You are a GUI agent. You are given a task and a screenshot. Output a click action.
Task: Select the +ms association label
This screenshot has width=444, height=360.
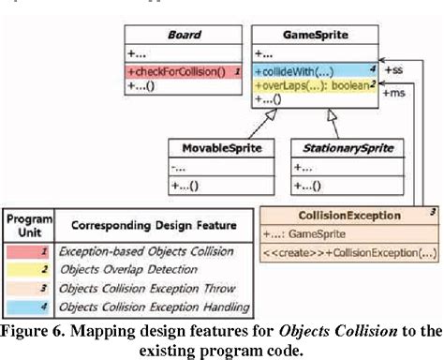click(x=396, y=94)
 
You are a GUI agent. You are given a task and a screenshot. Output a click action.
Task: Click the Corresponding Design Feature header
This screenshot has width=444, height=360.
click(x=149, y=225)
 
